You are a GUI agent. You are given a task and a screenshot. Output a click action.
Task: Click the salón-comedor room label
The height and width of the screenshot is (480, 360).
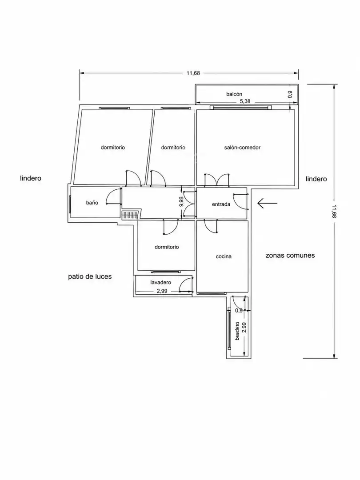(x=242, y=148)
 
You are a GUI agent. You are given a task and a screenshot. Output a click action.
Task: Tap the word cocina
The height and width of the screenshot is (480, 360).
(x=224, y=256)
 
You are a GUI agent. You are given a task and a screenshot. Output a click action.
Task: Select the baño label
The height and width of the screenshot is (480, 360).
(x=92, y=203)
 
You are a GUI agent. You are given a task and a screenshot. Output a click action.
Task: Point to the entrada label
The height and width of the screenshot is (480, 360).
(x=221, y=204)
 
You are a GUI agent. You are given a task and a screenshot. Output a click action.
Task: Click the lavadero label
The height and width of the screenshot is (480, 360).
(x=161, y=282)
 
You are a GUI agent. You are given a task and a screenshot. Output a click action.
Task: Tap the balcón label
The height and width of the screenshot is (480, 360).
(x=234, y=94)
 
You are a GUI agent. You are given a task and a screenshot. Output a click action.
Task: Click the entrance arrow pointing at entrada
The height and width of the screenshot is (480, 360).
(x=267, y=203)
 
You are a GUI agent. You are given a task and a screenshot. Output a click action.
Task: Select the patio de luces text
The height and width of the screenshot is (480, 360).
(x=90, y=277)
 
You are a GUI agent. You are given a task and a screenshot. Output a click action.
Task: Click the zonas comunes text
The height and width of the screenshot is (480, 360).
(x=290, y=255)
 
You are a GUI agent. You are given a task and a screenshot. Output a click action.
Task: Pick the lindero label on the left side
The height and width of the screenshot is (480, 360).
(x=31, y=178)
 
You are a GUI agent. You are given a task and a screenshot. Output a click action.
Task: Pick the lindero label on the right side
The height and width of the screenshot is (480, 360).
(x=316, y=179)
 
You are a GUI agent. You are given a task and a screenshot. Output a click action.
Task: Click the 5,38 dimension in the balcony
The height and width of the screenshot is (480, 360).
(x=245, y=101)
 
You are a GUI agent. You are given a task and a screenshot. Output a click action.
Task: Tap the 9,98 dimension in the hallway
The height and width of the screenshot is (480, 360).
(x=181, y=202)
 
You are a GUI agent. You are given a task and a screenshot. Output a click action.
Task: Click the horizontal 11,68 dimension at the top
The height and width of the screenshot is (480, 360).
(x=193, y=73)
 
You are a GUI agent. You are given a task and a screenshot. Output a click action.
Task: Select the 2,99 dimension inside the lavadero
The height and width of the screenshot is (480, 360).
(x=162, y=291)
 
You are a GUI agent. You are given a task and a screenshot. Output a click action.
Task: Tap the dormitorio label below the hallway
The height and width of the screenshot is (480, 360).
(x=167, y=247)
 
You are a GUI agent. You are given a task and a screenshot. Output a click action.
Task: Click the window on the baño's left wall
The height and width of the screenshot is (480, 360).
(x=70, y=204)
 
